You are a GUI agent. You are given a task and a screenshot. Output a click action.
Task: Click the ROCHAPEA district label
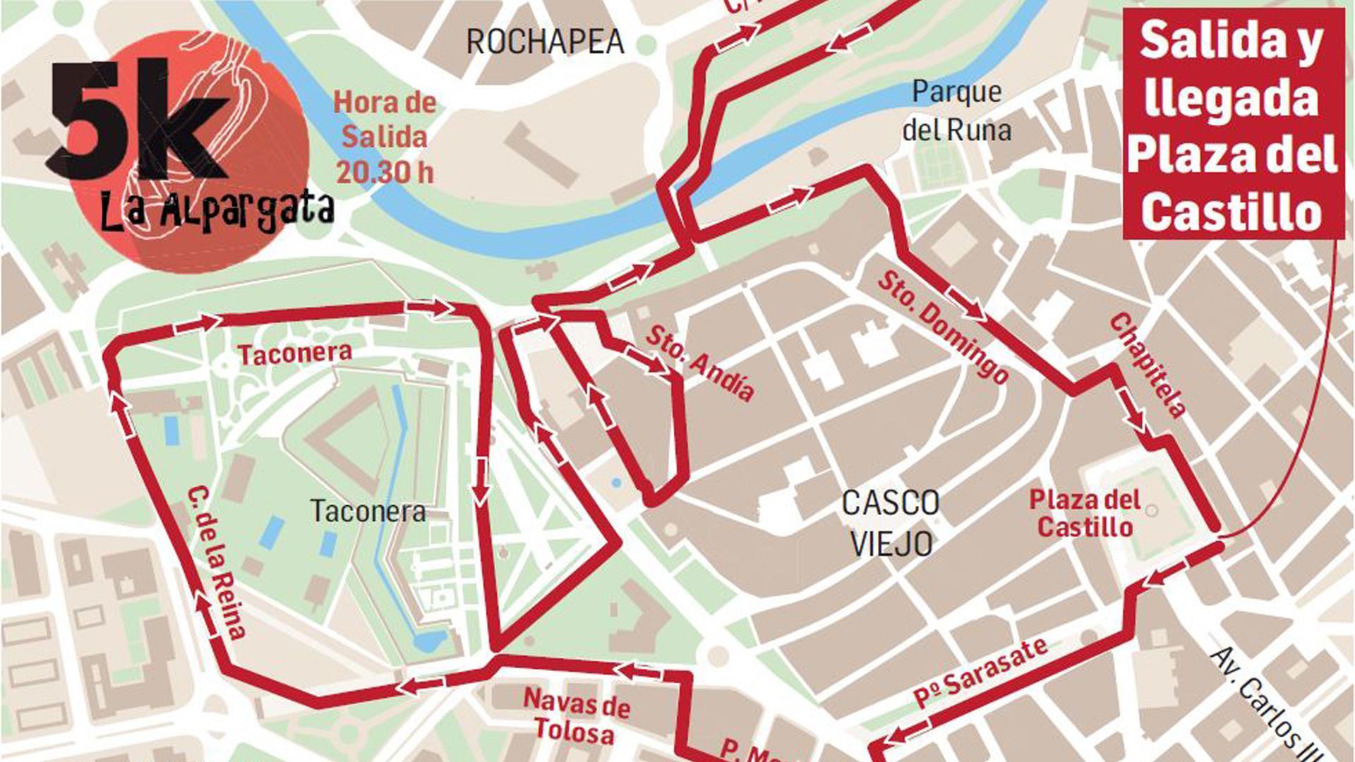coord(545,42)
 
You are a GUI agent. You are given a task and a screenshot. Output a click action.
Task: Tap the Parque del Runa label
coord(956,111)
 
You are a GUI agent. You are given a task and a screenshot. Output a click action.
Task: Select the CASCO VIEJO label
coord(891,523)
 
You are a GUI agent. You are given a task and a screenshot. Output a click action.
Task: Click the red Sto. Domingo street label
coord(943,327)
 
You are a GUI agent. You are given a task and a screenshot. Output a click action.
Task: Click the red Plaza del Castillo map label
coord(1085,513)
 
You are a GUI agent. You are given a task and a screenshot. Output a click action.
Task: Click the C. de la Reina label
coord(217,563)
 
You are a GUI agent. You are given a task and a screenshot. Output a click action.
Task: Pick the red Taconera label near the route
coord(294,353)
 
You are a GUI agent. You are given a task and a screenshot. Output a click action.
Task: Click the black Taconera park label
coord(368,511)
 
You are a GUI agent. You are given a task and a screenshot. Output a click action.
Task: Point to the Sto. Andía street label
coord(699,363)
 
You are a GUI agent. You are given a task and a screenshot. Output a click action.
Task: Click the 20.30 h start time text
coord(384,171)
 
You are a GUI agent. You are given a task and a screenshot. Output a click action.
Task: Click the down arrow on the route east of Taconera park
coord(480,481)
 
